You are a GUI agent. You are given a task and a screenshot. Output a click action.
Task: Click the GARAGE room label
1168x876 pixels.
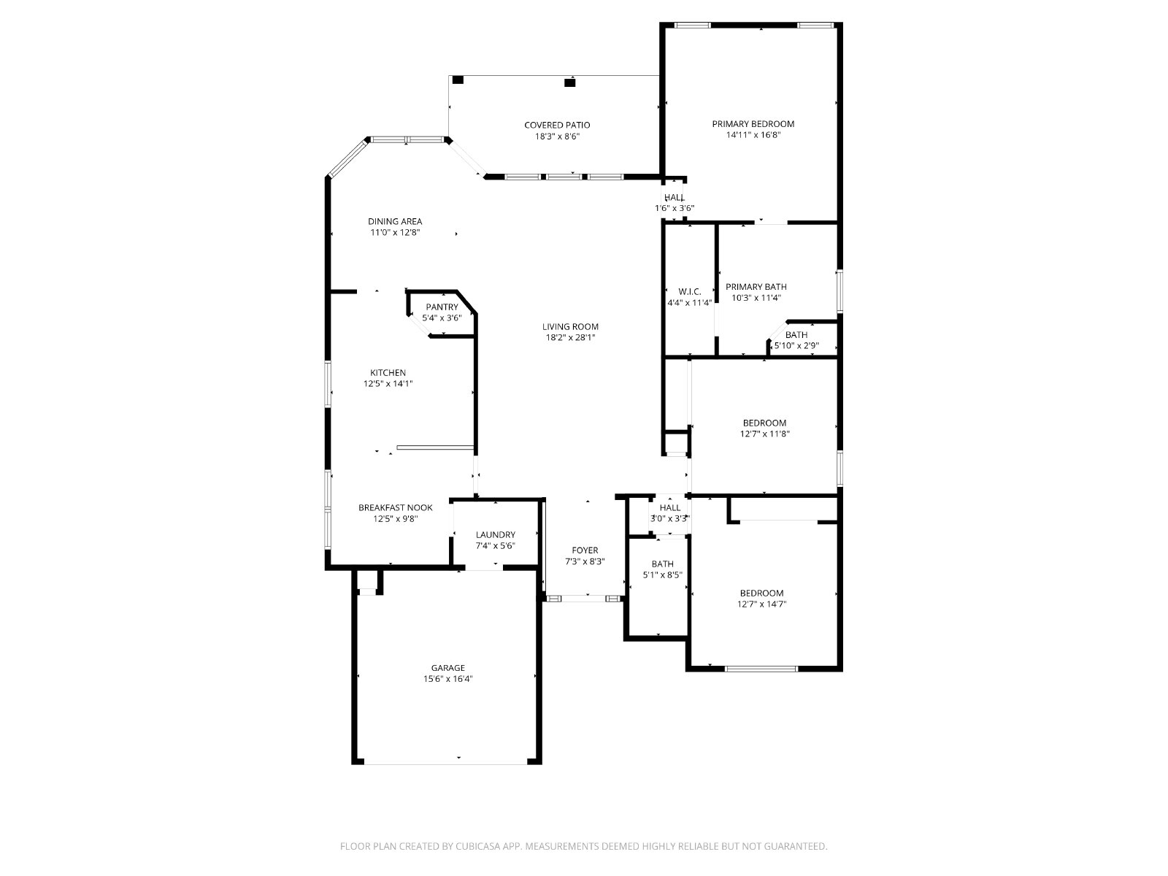coord(447,667)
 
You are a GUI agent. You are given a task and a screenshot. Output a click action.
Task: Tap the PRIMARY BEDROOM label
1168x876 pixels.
coord(753,124)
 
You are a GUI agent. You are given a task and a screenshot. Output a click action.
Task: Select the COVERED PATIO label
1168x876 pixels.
coord(557,125)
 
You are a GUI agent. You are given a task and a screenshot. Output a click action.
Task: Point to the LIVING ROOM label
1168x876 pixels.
coord(570,326)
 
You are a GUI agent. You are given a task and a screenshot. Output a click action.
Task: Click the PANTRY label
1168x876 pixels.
coord(442,307)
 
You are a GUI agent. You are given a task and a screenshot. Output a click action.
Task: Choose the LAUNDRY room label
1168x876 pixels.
coord(496,534)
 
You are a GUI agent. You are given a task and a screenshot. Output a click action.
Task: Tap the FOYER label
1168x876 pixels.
coord(585,550)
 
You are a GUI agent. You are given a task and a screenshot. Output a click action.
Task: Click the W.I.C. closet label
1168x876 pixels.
coord(690,291)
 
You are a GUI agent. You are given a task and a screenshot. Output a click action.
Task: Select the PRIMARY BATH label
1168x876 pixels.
coord(756,287)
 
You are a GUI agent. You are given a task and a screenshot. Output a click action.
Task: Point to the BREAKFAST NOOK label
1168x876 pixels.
coord(396,507)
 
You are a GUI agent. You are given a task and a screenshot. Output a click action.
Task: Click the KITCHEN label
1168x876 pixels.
coord(388,373)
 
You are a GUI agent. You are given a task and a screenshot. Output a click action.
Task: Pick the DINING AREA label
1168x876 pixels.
coord(395,221)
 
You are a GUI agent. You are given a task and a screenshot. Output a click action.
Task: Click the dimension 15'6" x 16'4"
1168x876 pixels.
coord(447,679)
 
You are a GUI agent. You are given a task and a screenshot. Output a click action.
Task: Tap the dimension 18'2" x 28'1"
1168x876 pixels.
coord(570,337)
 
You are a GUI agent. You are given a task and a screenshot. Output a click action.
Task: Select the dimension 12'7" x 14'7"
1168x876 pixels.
coord(761,604)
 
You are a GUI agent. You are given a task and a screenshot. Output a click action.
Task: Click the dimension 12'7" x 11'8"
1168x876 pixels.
coord(764,434)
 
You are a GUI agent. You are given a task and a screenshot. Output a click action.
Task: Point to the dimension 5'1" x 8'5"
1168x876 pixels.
coord(663,575)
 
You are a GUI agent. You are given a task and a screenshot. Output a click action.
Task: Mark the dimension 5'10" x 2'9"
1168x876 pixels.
coord(796,346)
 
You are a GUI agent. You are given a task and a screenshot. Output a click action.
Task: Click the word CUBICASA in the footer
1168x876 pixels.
coord(478,846)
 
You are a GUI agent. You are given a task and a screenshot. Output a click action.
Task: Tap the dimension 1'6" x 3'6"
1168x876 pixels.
coord(675,208)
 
